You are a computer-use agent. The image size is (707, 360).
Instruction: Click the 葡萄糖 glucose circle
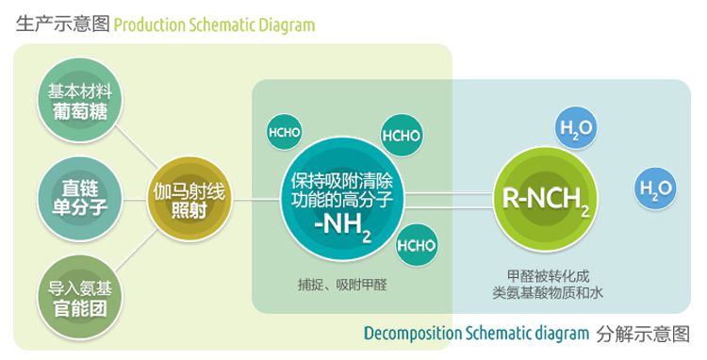[80, 101]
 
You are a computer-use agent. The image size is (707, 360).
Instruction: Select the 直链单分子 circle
[80, 199]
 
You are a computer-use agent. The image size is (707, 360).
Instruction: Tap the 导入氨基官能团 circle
[80, 298]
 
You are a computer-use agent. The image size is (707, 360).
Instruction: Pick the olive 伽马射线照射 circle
[189, 199]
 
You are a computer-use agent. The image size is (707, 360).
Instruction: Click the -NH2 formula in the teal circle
[342, 227]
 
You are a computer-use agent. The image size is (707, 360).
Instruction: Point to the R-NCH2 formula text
[546, 200]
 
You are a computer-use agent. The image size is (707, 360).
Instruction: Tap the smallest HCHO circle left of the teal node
[284, 132]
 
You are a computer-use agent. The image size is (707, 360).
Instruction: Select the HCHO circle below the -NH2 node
[417, 246]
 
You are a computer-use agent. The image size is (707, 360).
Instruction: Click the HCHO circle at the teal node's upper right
[402, 135]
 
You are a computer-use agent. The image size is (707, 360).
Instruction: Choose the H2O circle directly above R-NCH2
[576, 128]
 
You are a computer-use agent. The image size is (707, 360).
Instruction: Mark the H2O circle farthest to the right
[655, 188]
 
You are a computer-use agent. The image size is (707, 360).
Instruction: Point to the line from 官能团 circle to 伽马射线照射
[137, 251]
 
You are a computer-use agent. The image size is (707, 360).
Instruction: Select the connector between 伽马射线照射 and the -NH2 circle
[256, 200]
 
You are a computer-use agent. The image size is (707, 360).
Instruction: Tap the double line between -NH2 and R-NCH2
[449, 201]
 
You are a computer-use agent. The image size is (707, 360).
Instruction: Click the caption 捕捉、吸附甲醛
[343, 285]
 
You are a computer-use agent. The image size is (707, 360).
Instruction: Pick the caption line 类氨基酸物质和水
[548, 293]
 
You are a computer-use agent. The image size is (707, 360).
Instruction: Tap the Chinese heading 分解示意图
[643, 335]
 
